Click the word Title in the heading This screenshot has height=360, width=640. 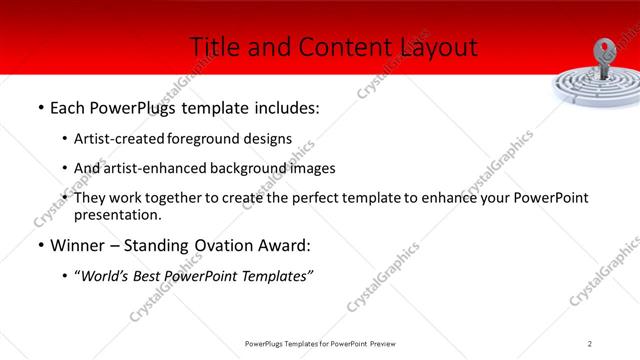click(x=213, y=46)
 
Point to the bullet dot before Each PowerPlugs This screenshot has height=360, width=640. click(x=39, y=108)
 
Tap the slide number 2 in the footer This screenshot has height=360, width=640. click(x=590, y=344)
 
